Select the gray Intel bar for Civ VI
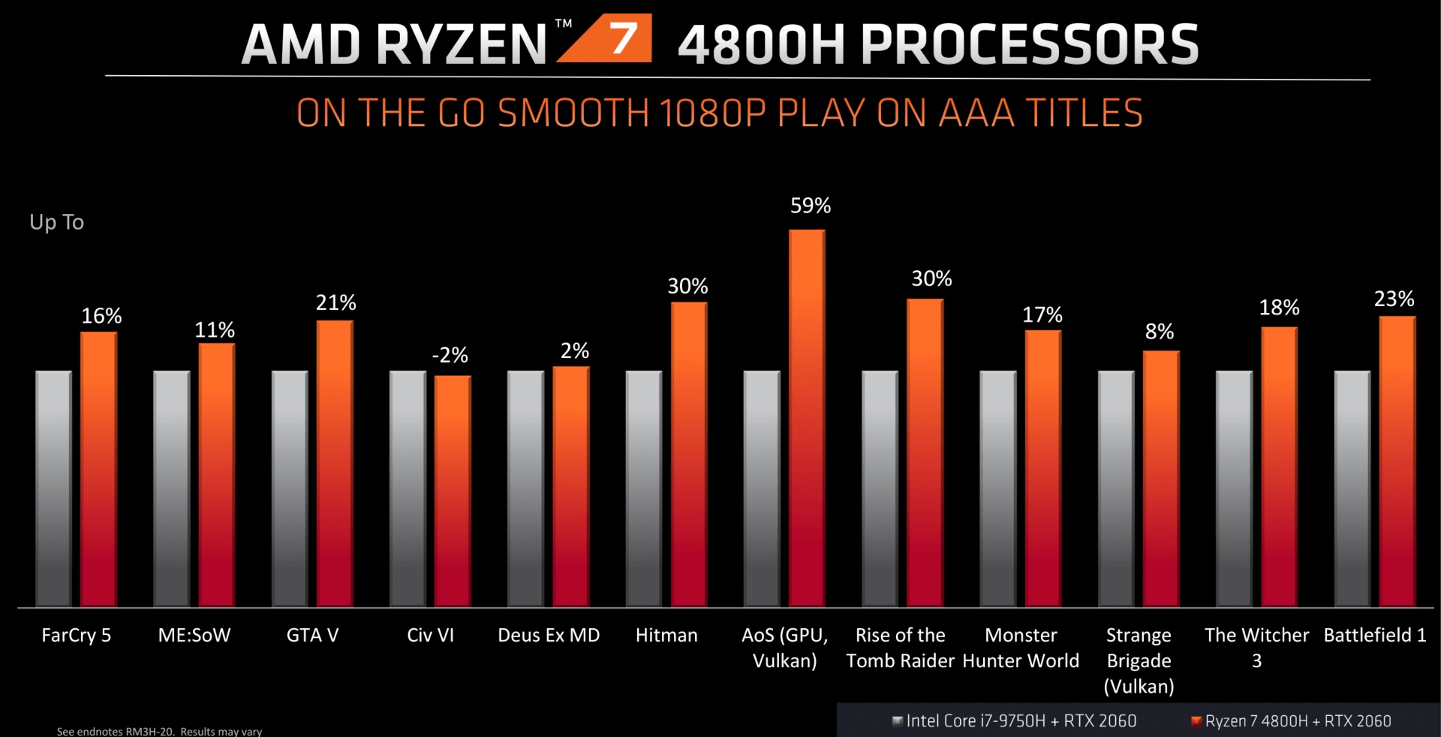408,488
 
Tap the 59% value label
811,206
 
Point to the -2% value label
450,355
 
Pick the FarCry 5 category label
76,636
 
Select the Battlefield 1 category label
1375,636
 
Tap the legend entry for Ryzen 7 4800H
1292,721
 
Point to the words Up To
56,222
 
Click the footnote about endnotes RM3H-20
159,731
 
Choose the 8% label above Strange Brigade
1159,332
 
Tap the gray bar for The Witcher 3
1234,488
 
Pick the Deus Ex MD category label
549,636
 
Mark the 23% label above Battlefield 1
1394,299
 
